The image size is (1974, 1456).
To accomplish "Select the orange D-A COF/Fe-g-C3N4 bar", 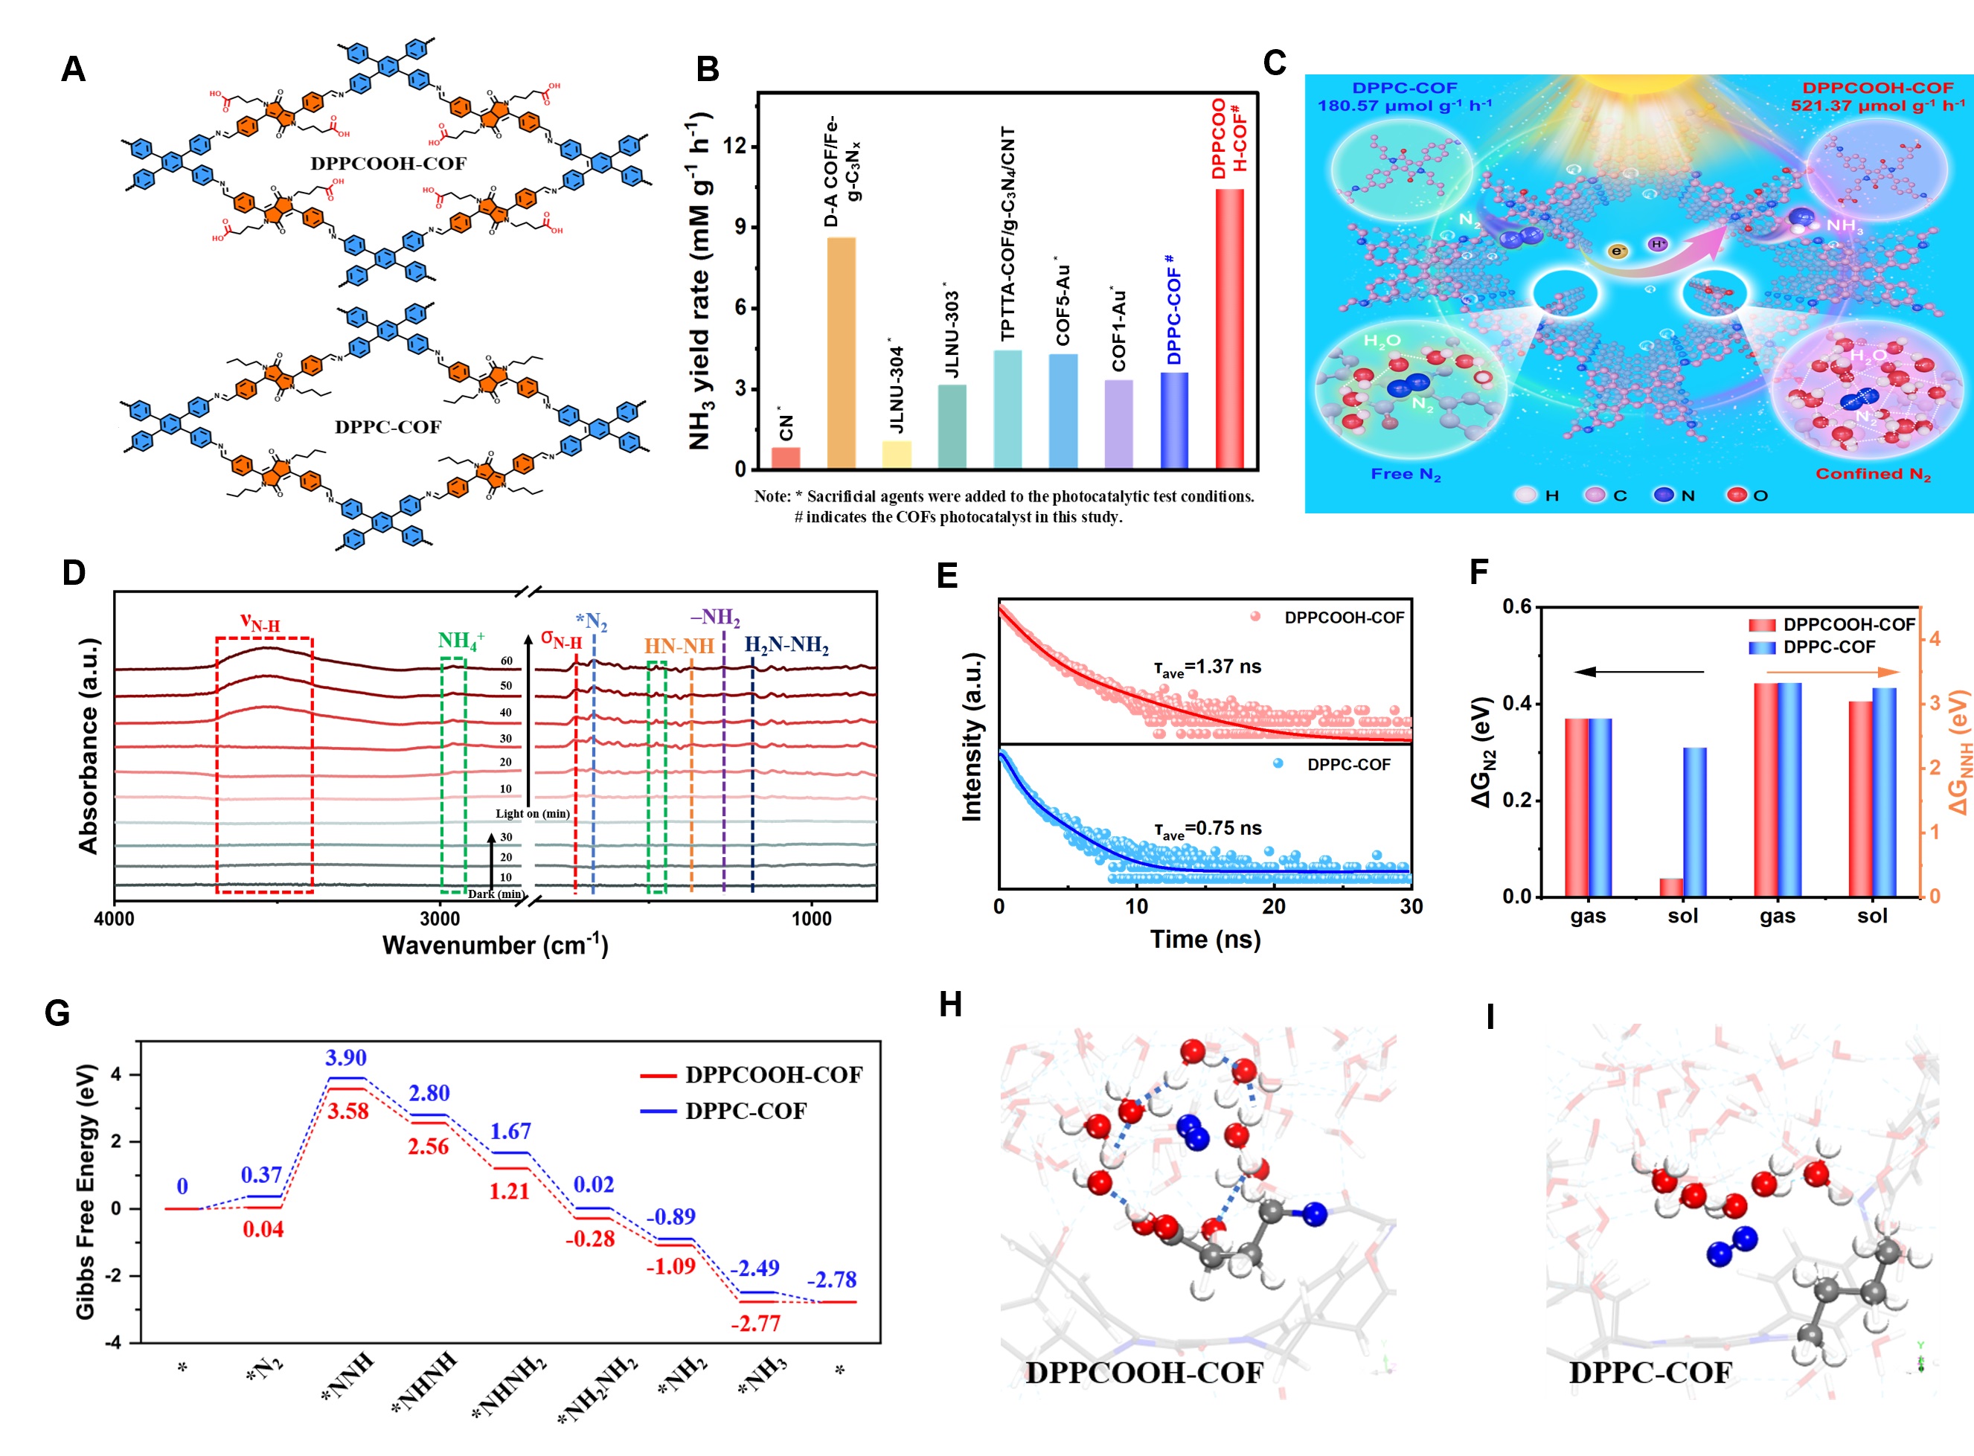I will tap(841, 353).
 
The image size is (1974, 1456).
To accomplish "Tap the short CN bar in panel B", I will tap(785, 458).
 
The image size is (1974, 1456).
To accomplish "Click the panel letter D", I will tap(73, 573).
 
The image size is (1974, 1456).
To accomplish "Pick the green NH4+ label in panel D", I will tap(460, 641).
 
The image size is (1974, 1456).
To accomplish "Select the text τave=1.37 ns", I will tap(1208, 667).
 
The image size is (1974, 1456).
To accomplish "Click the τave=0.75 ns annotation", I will tap(1208, 829).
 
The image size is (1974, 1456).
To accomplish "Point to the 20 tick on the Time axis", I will tap(1273, 906).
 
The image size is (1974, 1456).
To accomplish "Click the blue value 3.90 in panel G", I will tap(345, 1058).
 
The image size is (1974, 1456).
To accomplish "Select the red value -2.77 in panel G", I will tap(755, 1323).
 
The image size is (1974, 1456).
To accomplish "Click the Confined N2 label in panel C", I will tap(1873, 474).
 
